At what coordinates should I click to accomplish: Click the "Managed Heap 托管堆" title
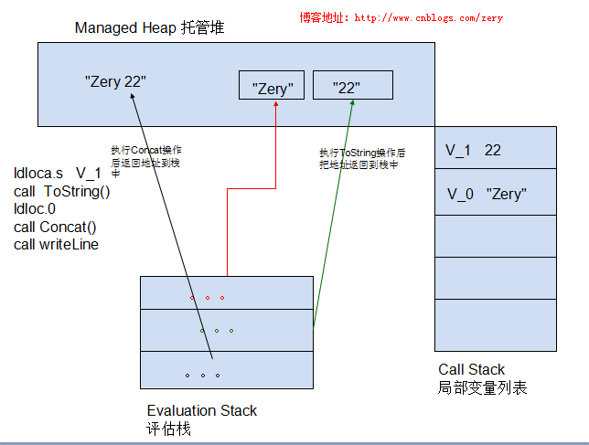149,27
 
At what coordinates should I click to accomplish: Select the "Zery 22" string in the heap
115,81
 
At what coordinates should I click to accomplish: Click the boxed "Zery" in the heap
272,85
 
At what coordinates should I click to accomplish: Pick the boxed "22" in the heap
353,85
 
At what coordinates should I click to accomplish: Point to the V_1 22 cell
496,148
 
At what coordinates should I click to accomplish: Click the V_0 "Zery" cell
496,192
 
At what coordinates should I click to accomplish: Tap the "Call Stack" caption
471,369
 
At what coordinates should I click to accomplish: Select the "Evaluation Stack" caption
202,410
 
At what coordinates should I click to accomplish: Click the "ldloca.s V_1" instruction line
58,174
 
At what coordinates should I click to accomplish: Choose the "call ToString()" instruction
62,191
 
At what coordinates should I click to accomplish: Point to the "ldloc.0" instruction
35,208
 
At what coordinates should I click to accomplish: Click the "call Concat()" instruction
55,227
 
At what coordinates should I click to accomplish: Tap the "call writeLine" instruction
57,244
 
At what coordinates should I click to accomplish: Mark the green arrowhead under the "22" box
352,103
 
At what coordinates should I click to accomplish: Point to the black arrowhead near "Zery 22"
133,96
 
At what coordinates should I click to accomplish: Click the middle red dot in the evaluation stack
208,298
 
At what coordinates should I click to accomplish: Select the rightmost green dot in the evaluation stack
231,331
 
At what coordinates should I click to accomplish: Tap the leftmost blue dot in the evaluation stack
187,376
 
